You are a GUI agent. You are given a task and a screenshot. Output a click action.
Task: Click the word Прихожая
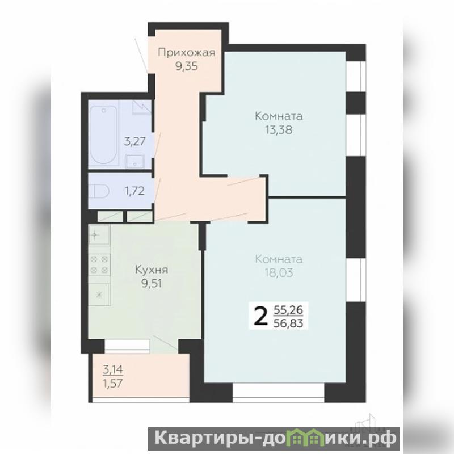point(187,53)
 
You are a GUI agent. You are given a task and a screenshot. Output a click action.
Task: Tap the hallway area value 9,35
point(187,66)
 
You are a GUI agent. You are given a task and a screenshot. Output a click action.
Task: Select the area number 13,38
point(279,130)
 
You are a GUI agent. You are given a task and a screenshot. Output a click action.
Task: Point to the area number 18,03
point(279,272)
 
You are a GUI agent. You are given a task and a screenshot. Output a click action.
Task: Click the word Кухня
point(152,270)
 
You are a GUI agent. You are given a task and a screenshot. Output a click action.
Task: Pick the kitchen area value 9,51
point(152,283)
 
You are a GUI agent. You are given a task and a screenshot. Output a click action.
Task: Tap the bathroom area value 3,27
point(134,142)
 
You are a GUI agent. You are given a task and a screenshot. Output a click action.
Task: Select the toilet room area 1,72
point(134,191)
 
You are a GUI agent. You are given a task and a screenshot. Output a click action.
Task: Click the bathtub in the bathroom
point(103,135)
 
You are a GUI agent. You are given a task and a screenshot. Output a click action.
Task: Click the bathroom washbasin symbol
point(134,161)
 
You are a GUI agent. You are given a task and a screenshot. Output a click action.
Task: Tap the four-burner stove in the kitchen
point(100,264)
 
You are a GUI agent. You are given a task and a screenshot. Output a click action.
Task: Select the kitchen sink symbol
point(99,234)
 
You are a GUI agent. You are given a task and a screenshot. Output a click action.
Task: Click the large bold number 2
point(261,317)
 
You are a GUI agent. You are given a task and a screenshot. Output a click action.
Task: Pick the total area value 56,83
point(288,323)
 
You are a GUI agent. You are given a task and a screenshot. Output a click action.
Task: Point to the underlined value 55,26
point(288,310)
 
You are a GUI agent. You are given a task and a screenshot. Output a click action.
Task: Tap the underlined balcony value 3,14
point(113,370)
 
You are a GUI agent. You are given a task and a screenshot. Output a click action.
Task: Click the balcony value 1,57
point(113,384)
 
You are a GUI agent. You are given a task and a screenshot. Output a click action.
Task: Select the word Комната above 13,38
point(279,116)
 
